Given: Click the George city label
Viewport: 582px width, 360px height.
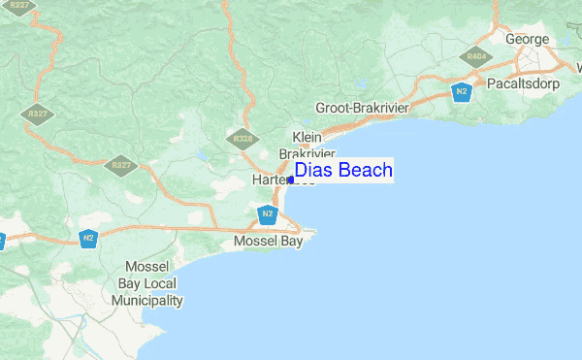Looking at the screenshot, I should (527, 40).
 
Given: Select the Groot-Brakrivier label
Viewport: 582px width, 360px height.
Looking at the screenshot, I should (364, 108).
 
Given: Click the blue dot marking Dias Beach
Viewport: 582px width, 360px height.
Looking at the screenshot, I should (291, 180).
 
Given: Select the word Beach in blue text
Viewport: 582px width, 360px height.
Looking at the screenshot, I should (364, 171).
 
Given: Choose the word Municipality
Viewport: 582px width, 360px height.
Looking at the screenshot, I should (147, 301).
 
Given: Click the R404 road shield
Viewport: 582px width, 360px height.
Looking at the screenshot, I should (476, 57).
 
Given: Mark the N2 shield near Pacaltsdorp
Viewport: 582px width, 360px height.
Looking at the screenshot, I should (462, 92).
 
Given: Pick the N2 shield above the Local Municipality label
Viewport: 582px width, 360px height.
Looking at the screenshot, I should (88, 237).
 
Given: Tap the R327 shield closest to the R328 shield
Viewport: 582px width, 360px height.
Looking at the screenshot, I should (121, 165).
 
